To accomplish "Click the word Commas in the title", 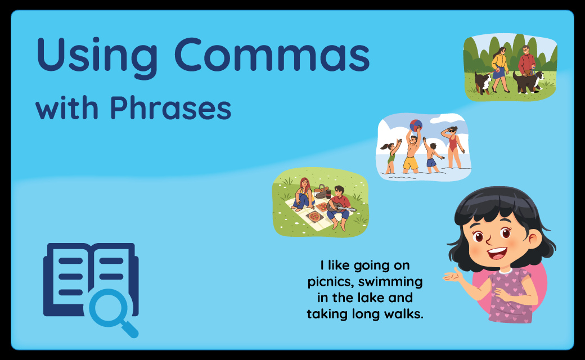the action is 272,55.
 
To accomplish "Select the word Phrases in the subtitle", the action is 170,107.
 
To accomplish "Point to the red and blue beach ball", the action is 416,125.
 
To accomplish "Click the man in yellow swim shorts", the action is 411,151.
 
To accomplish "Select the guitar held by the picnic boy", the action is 340,208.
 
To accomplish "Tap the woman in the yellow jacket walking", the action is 500,69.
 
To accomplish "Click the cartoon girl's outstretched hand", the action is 453,276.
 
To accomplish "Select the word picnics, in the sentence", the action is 331,282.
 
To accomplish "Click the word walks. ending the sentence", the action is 404,314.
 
